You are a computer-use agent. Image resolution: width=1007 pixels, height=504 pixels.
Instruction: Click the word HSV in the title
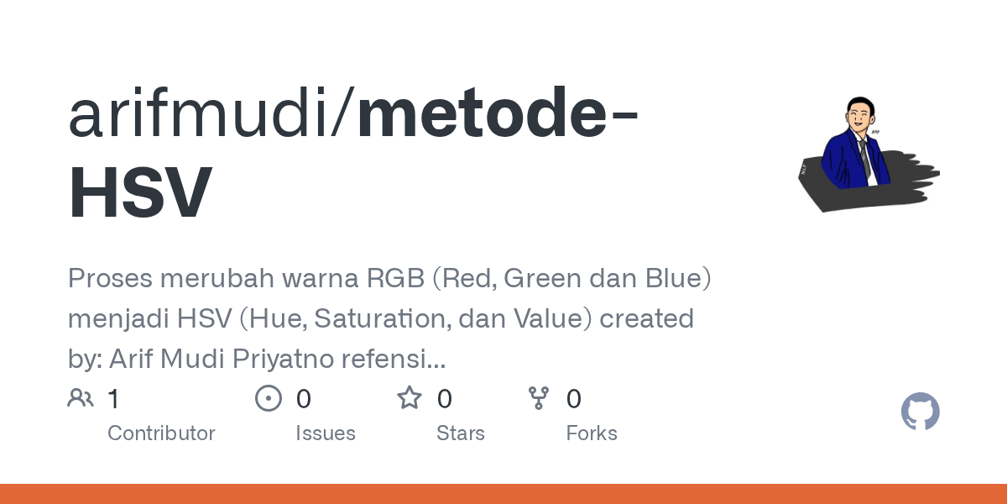140,192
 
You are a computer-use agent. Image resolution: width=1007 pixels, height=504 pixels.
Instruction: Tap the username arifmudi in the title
198,112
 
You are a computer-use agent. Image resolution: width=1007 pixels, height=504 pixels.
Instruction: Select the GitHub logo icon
921,412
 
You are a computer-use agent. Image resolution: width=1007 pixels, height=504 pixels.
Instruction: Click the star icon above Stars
410,398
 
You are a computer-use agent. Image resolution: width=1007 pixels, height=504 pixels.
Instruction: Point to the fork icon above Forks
539,398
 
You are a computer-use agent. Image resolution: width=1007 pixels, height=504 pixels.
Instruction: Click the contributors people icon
81,398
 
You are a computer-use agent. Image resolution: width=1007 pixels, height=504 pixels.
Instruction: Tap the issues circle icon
269,398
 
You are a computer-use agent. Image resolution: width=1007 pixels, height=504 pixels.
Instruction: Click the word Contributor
161,433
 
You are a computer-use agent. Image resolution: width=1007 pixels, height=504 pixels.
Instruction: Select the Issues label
326,433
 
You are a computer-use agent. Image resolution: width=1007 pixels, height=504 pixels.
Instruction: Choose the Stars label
461,433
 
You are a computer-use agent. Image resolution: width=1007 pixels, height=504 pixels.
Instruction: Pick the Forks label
592,433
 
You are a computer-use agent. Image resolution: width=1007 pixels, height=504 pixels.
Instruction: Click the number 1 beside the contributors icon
113,399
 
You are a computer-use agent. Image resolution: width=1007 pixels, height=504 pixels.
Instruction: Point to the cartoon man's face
860,116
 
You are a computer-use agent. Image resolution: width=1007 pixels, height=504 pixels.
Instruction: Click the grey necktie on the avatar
865,160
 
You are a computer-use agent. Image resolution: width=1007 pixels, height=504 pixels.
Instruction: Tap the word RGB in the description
395,278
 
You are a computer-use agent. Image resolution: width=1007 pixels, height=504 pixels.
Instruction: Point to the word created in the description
646,318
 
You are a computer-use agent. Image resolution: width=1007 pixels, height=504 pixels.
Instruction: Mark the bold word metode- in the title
497,112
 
